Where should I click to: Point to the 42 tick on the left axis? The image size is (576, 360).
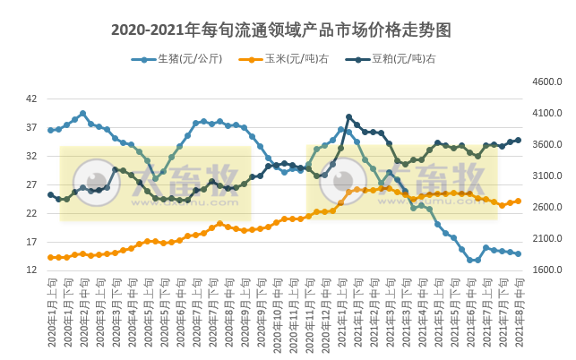31,99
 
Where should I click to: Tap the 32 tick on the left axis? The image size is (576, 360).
31,156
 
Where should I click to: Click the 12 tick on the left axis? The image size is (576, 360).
31,270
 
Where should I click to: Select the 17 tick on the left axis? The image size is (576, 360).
31,242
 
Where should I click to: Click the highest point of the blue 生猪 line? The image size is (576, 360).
83,114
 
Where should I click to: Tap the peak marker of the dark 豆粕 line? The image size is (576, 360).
348,117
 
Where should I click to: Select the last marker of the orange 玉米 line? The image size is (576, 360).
518,201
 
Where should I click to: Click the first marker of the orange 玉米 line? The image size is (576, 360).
51,258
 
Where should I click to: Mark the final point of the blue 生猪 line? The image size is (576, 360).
518,253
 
